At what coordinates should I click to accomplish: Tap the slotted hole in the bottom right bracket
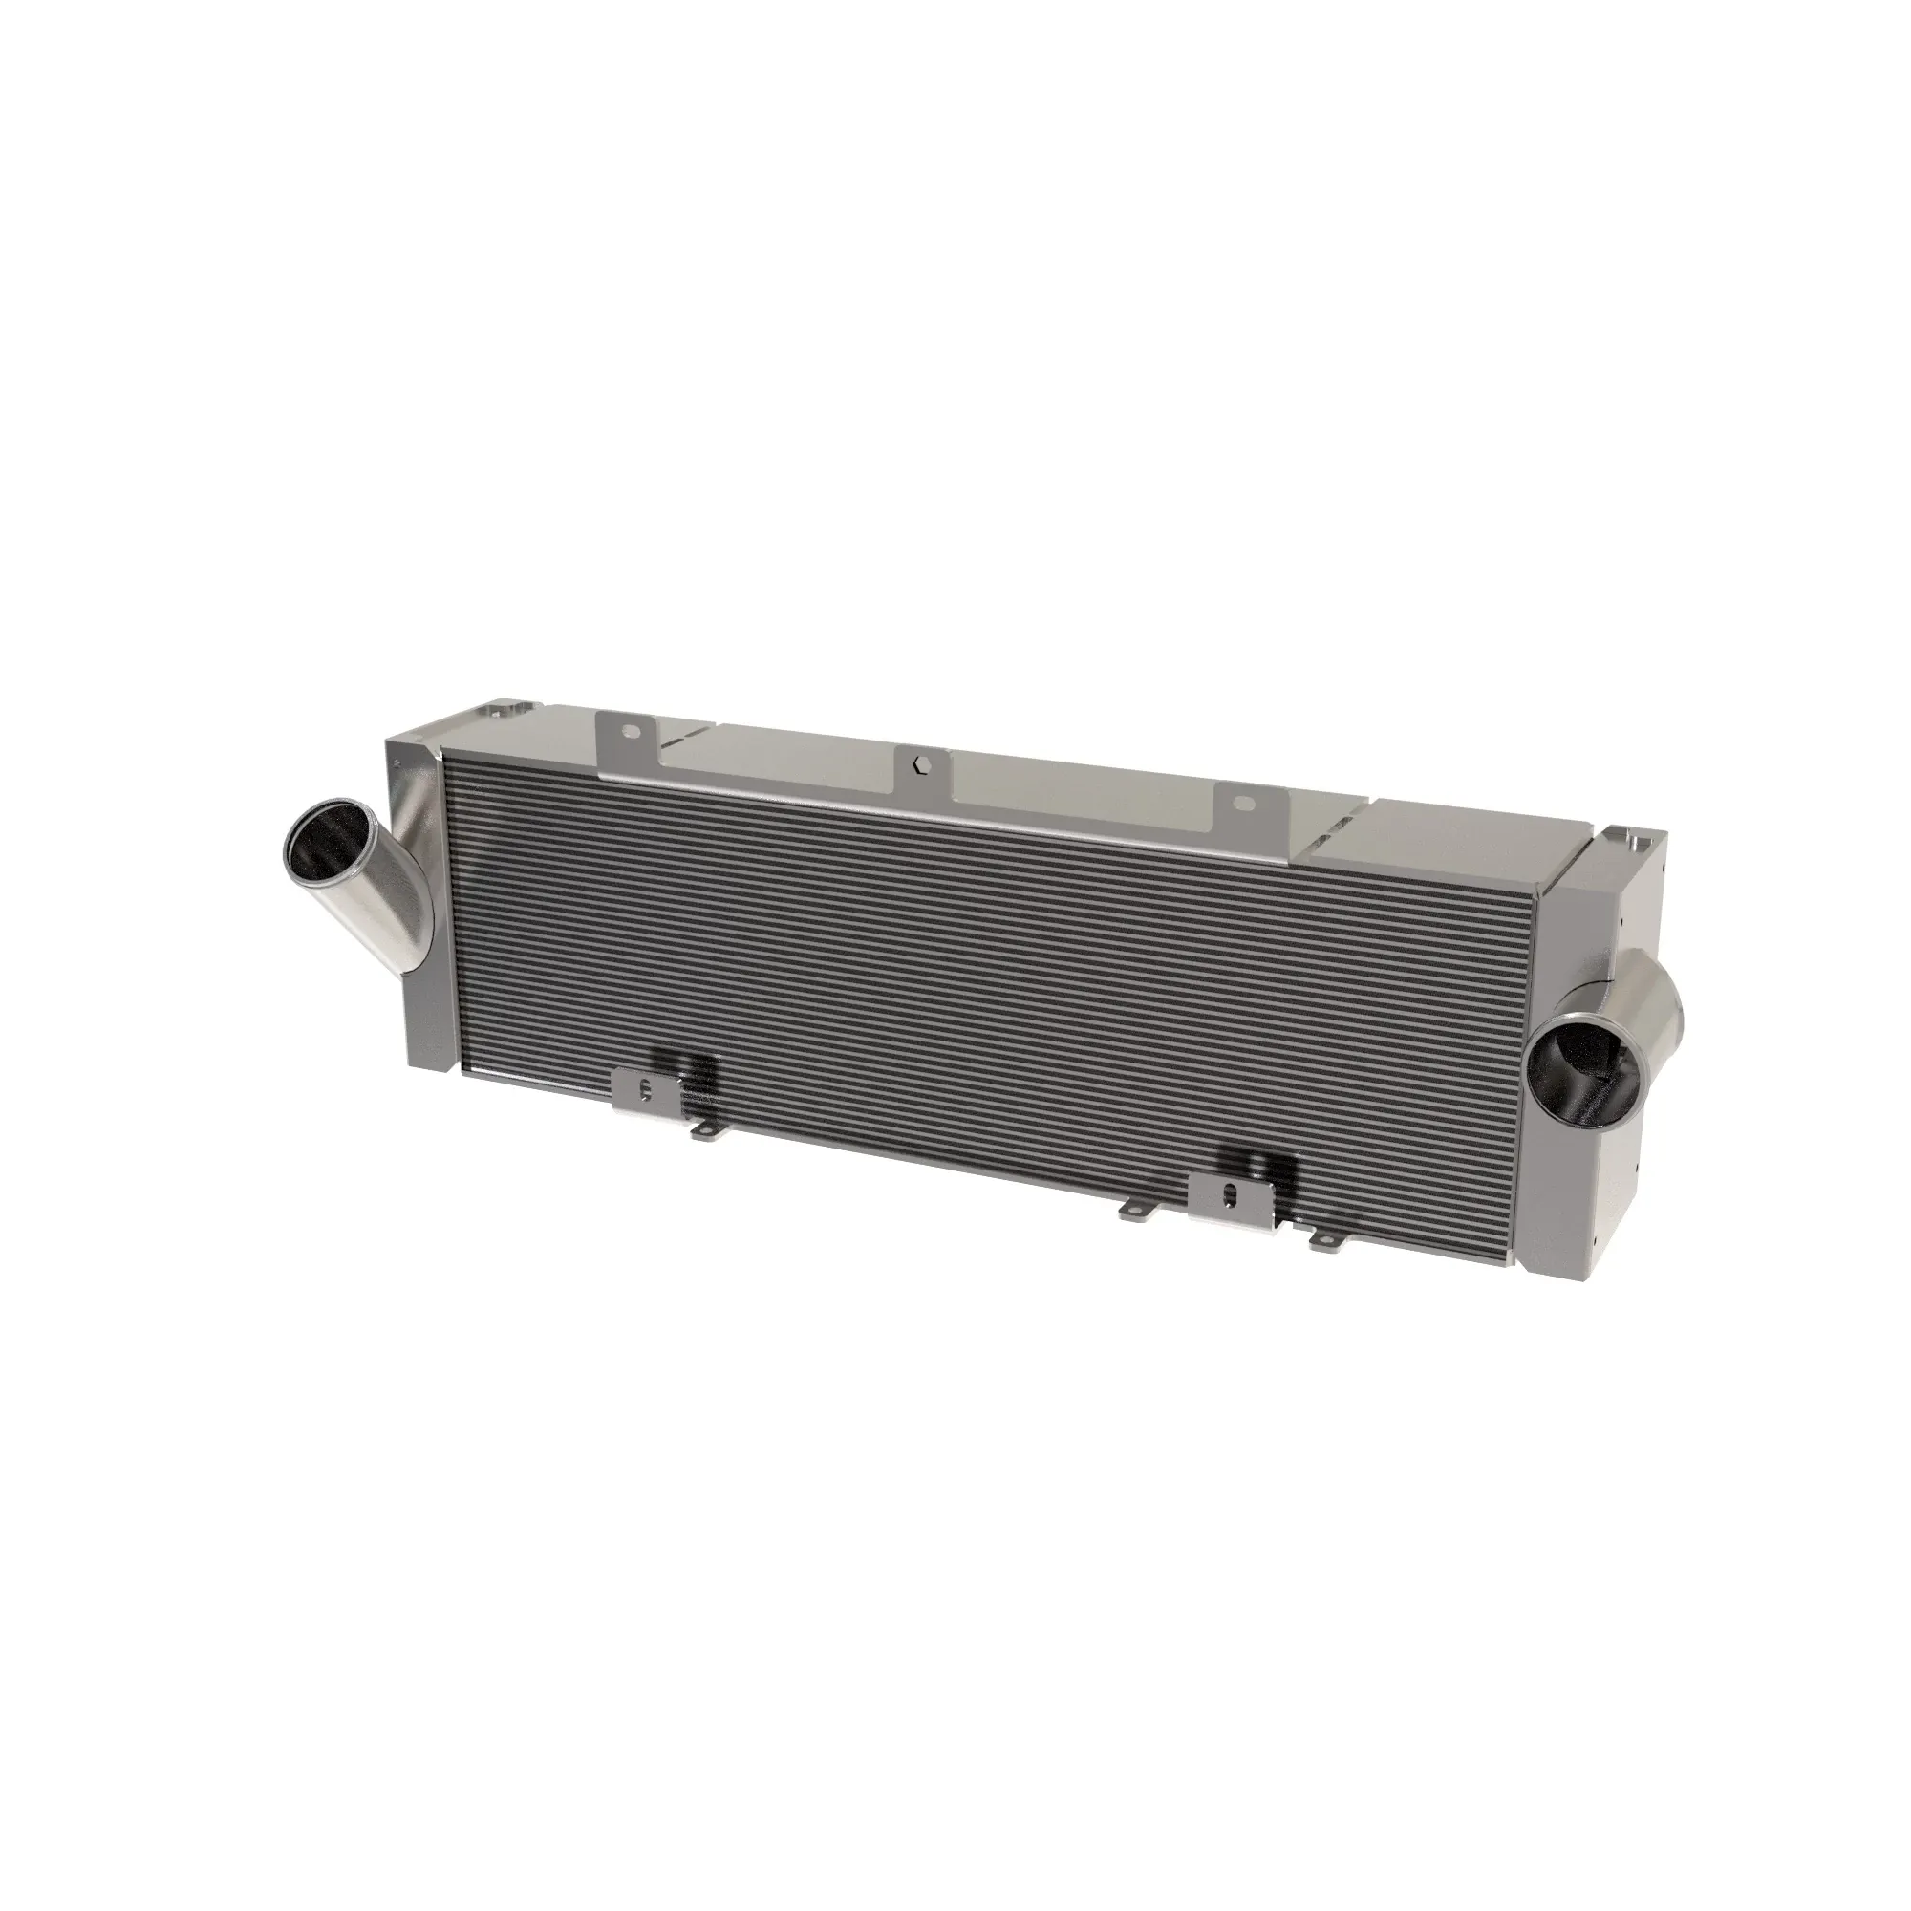(x=1230, y=1192)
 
